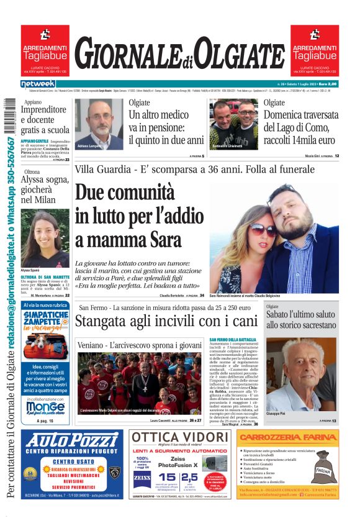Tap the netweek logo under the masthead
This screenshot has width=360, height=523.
[x=38, y=84]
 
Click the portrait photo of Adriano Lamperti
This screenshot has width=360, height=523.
[x=99, y=124]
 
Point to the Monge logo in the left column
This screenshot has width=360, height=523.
[x=45, y=407]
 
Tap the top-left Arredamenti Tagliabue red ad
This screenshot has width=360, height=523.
[x=45, y=49]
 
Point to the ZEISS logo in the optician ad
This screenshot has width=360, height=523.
[x=142, y=478]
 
